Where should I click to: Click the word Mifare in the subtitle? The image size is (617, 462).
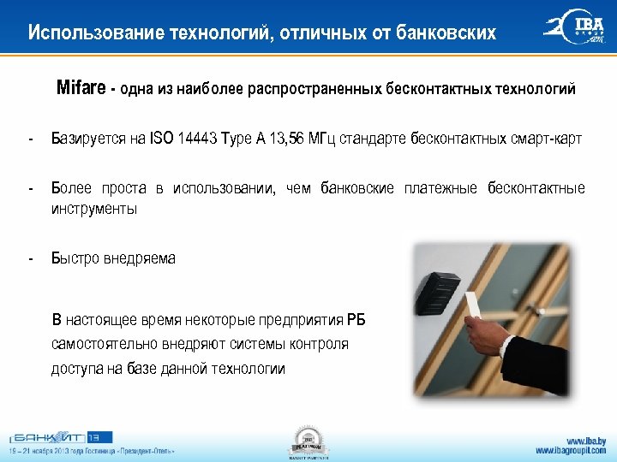point(81,88)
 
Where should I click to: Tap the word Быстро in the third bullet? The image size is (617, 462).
point(75,258)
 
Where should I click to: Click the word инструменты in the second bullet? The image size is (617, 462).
point(93,208)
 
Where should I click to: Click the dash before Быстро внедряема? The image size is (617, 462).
point(30,258)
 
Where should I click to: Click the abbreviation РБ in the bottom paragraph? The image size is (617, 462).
point(356,321)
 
